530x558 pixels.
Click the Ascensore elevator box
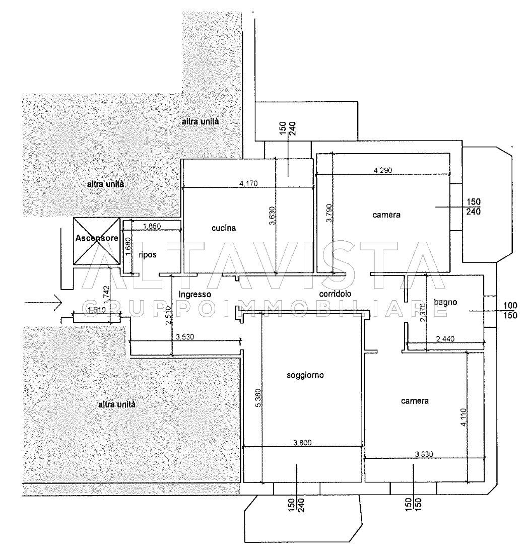(97, 241)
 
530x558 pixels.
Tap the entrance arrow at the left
(43, 303)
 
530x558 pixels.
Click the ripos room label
(149, 255)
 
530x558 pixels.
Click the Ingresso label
(194, 294)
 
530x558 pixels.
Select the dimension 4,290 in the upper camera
(383, 171)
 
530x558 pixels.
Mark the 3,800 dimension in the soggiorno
(302, 443)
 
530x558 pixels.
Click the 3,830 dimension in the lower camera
(424, 454)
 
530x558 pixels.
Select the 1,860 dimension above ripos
(152, 227)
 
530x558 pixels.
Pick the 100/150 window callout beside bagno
(510, 311)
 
